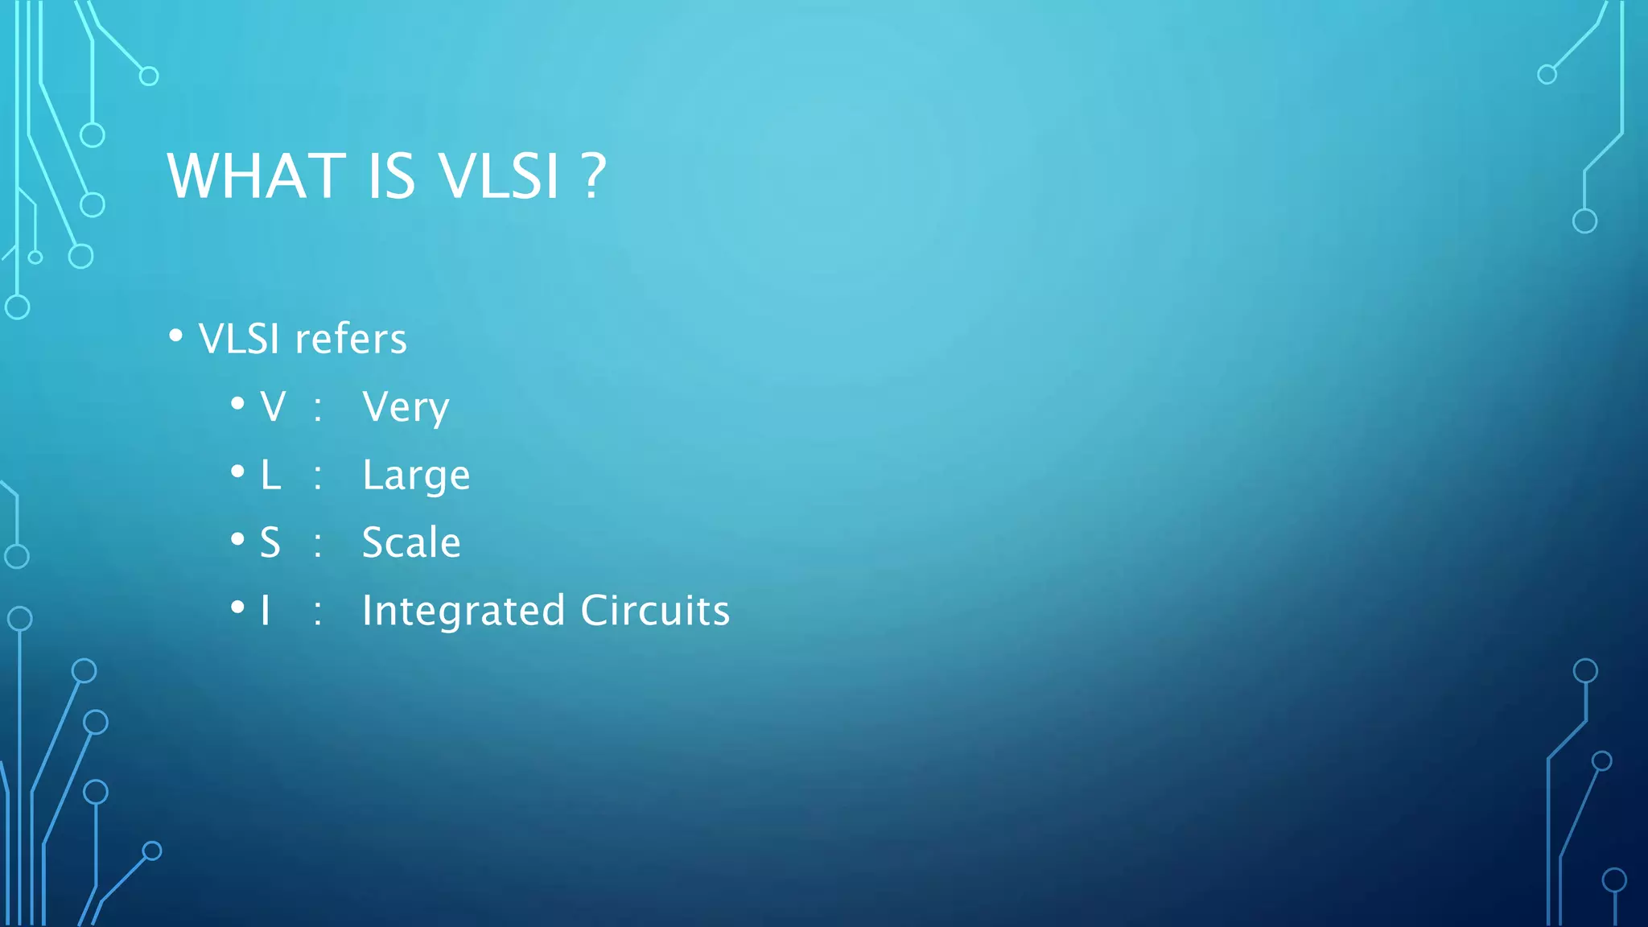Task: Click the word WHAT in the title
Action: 256,176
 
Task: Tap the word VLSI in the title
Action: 498,176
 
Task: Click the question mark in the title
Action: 593,176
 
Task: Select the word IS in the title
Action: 392,176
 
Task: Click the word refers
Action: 351,339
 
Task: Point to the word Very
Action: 406,407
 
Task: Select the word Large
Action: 416,476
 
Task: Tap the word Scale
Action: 411,543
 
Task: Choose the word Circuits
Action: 655,611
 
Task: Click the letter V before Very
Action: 273,407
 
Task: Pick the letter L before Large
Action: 270,476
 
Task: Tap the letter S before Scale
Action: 270,543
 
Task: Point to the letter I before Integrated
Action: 265,611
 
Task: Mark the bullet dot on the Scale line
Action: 237,539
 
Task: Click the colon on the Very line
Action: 318,410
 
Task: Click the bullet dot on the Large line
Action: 237,472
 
